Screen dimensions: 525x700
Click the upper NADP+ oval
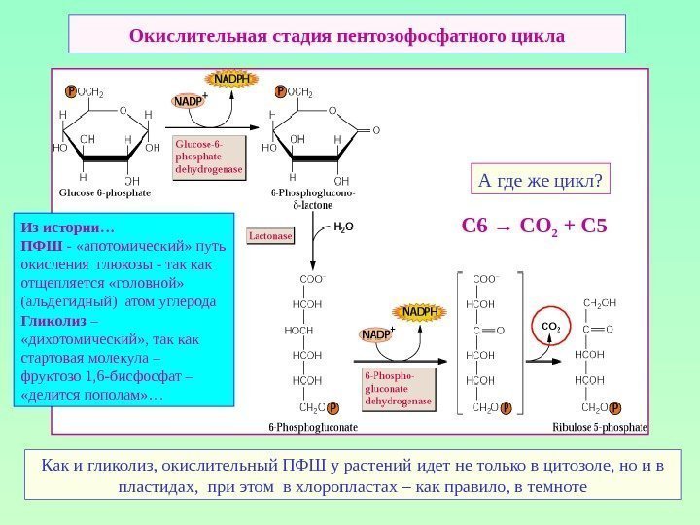click(x=189, y=100)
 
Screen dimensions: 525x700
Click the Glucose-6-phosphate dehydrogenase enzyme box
click(x=208, y=157)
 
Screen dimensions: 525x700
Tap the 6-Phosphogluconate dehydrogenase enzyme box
click(x=398, y=388)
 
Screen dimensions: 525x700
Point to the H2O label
click(x=343, y=229)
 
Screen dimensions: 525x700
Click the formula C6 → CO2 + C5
click(x=534, y=227)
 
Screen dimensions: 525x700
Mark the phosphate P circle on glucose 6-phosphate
click(x=71, y=91)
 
